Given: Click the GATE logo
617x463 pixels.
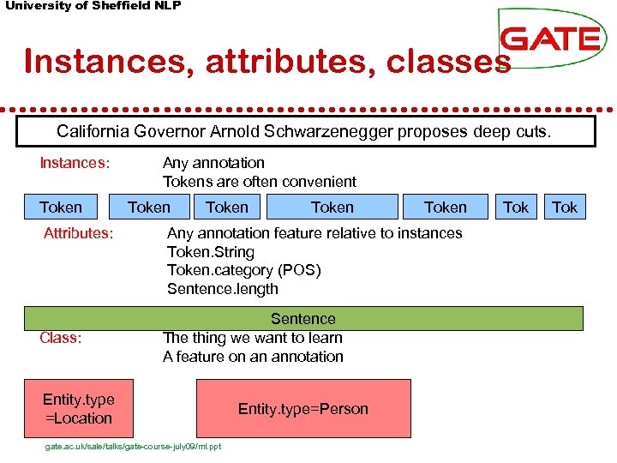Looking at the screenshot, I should [550, 39].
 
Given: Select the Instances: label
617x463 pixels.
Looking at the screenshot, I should [75, 163].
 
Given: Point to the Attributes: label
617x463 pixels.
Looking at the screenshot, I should [79, 233].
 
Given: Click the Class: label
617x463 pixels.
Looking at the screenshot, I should [61, 338].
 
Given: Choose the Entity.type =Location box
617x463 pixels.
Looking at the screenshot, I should [78, 409].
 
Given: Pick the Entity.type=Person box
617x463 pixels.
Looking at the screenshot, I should [303, 409].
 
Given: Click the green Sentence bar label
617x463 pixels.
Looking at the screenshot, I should [303, 319].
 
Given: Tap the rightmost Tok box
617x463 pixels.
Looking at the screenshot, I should [565, 207].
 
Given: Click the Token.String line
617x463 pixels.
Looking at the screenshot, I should [211, 252].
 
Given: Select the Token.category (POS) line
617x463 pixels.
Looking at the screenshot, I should [244, 270].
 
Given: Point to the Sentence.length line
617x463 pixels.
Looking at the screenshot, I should [223, 289].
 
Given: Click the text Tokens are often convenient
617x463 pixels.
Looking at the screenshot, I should [260, 182].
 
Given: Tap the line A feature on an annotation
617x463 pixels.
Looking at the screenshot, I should [253, 357].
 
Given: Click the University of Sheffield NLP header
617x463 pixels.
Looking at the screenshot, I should [93, 6].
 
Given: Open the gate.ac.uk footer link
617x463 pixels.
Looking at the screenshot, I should [133, 447].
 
